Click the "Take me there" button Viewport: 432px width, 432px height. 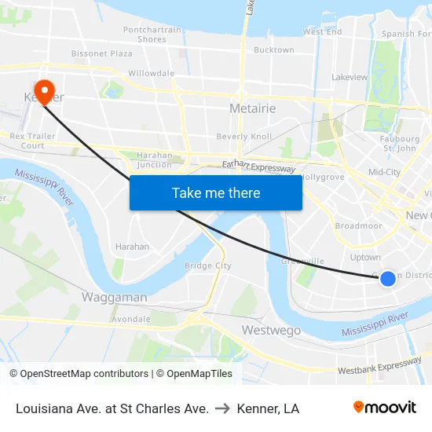click(216, 192)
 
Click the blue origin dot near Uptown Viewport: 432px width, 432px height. click(387, 278)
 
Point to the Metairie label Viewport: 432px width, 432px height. click(252, 108)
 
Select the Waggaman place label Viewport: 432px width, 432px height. click(114, 298)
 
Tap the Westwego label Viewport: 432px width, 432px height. click(271, 330)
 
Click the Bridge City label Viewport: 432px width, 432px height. click(208, 265)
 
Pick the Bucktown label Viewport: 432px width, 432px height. click(273, 49)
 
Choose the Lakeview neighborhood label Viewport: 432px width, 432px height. click(350, 77)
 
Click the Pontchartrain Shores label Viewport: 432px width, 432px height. click(152, 35)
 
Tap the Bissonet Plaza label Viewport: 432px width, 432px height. click(102, 53)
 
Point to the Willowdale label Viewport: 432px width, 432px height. click(151, 73)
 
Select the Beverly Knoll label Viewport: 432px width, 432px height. click(244, 136)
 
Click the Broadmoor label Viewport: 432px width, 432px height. click(358, 225)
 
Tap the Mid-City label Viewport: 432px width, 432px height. click(384, 172)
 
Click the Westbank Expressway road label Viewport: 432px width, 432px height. click(379, 366)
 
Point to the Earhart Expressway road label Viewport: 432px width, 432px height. click(258, 167)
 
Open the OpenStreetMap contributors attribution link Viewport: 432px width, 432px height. click(79, 374)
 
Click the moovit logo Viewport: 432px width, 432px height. click(384, 407)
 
